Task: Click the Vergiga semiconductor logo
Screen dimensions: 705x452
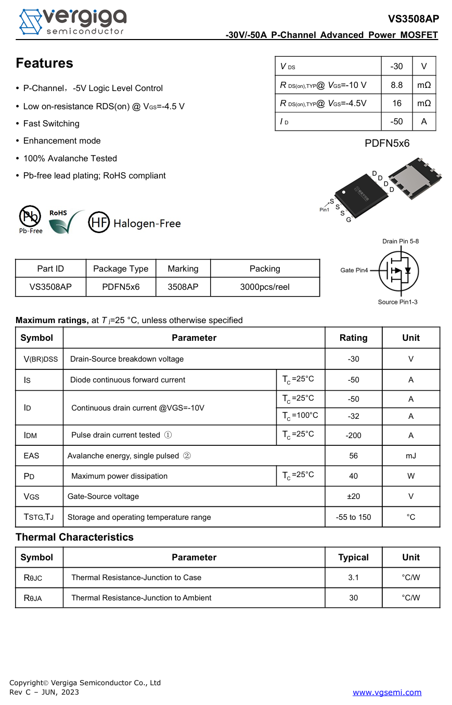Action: click(73, 22)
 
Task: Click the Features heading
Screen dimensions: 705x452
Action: click(44, 63)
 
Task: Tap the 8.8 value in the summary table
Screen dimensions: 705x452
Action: click(396, 85)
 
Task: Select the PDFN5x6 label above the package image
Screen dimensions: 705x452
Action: click(387, 143)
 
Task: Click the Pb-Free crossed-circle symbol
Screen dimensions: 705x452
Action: click(30, 216)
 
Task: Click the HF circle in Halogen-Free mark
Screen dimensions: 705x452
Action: click(99, 222)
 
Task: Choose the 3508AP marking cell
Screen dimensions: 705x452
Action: click(183, 287)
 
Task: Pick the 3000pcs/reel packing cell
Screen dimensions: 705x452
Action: click(265, 287)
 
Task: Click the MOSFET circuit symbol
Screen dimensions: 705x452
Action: click(398, 271)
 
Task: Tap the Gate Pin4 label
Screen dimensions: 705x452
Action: click(354, 270)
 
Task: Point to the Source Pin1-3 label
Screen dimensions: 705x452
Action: click(397, 302)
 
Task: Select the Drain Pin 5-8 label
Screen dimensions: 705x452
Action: click(401, 241)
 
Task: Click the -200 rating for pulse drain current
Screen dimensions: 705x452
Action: click(353, 435)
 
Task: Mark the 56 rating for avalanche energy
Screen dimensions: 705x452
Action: click(353, 456)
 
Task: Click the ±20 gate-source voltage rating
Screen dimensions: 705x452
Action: click(353, 496)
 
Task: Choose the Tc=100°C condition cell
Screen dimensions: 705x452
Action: click(300, 416)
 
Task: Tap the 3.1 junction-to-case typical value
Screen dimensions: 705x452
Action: click(353, 578)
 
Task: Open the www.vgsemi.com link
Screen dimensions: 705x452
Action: click(387, 692)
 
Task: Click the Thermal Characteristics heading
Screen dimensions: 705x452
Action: click(74, 537)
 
